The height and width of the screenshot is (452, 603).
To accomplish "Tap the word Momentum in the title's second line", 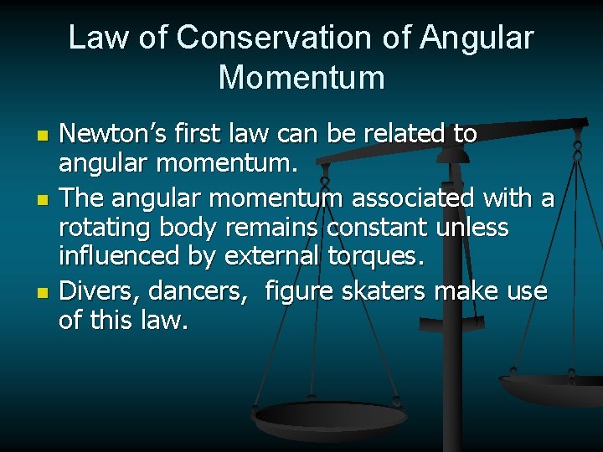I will (301, 78).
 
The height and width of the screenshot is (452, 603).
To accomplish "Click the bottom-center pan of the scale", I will (328, 416).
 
